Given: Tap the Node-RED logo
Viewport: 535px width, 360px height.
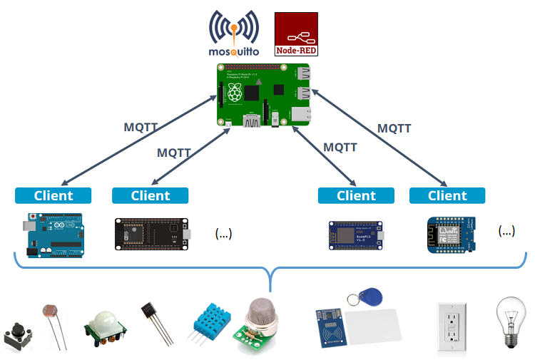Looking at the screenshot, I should point(296,34).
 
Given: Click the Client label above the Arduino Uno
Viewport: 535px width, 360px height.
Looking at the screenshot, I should point(53,195).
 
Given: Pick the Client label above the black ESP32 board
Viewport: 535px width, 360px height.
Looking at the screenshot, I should point(151,195).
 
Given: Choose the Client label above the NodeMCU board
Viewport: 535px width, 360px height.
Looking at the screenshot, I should point(356,195).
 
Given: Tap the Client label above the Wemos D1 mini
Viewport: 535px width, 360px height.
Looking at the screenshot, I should point(447,195).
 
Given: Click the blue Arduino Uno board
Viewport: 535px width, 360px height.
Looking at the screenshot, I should point(53,235).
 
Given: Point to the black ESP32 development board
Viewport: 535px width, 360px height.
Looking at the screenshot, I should point(151,235).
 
